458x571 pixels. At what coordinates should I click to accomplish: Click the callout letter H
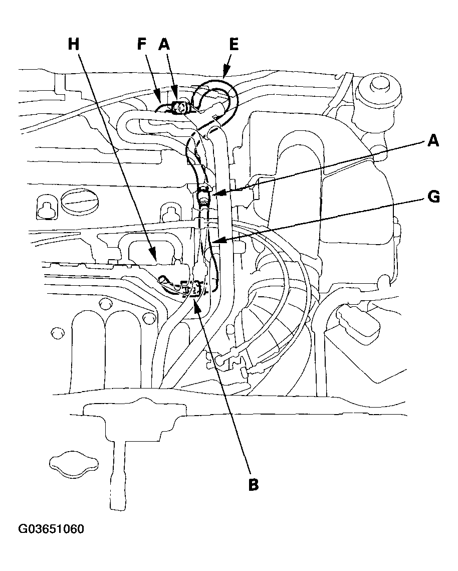(x=74, y=45)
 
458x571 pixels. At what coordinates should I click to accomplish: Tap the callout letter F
(x=143, y=45)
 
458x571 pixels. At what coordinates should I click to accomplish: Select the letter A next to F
(x=164, y=45)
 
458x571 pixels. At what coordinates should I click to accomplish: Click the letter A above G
(x=433, y=141)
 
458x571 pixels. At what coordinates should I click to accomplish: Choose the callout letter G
(x=433, y=197)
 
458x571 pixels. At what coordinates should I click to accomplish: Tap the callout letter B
(x=254, y=484)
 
